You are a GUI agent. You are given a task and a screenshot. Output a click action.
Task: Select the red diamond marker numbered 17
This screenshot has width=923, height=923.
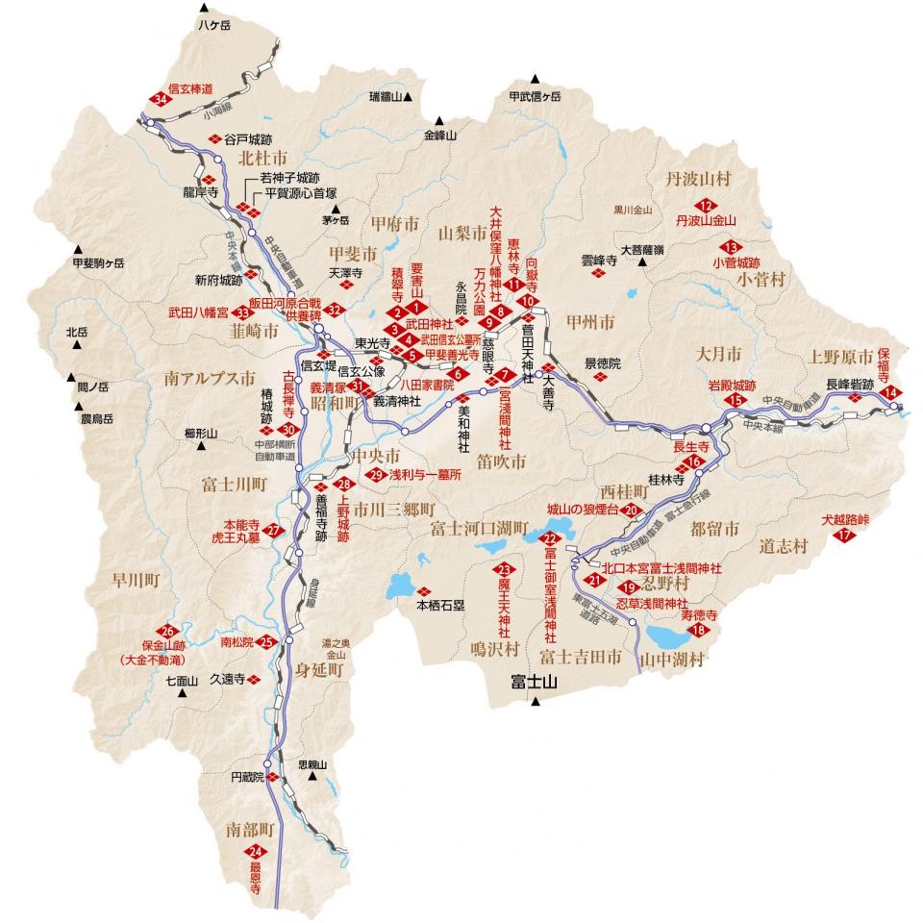[x=845, y=536]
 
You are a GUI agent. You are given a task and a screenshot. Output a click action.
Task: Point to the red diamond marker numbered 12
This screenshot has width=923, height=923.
[x=709, y=205]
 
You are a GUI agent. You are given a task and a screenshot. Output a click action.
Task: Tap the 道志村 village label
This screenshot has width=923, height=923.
[x=782, y=545]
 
